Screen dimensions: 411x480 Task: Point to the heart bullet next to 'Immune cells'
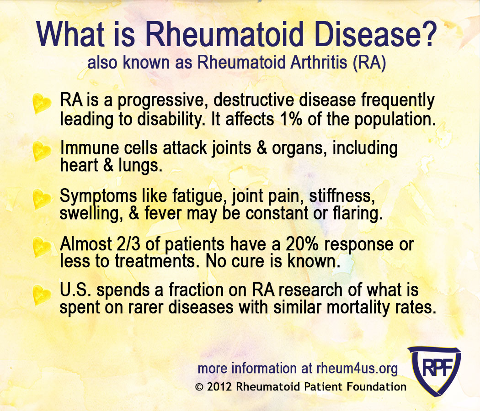click(x=42, y=152)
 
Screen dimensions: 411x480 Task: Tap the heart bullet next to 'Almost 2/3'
click(x=42, y=248)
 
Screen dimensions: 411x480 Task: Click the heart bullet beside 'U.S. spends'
click(x=42, y=295)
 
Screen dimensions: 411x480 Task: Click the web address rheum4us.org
click(x=357, y=368)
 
